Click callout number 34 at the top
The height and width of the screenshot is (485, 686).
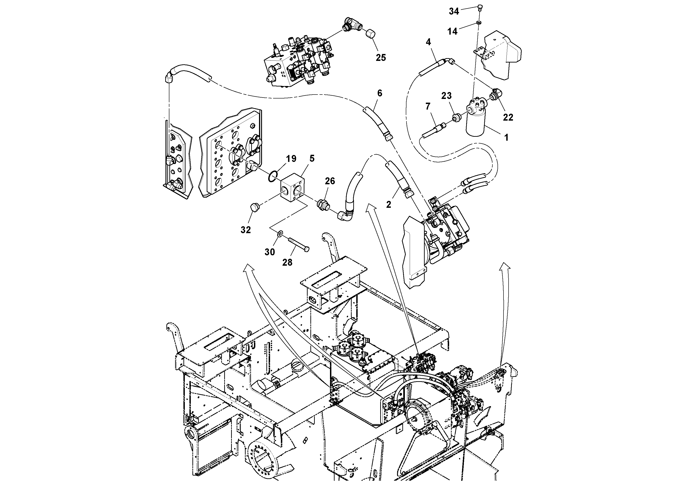click(x=454, y=11)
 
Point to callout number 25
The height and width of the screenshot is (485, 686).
click(x=381, y=57)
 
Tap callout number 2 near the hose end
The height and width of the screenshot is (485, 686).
click(x=389, y=205)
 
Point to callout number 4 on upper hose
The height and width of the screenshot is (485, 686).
click(x=428, y=42)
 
